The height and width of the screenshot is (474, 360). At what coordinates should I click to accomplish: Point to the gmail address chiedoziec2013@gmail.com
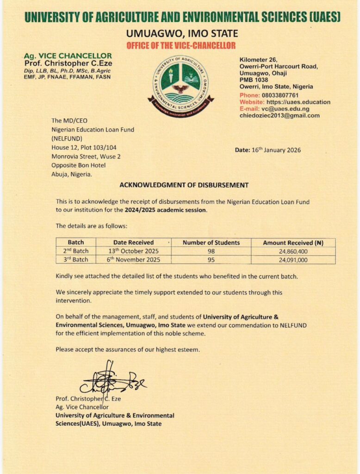pyautogui.click(x=279, y=116)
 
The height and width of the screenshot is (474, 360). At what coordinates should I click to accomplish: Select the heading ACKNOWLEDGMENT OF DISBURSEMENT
pyautogui.click(x=184, y=185)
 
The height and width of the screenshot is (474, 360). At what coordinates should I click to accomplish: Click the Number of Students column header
pyautogui.click(x=211, y=243)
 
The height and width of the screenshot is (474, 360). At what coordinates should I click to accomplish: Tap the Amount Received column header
pyautogui.click(x=293, y=243)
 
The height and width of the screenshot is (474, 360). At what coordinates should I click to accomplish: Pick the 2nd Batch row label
pyautogui.click(x=76, y=251)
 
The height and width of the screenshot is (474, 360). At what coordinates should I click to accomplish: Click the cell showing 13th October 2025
pyautogui.click(x=134, y=251)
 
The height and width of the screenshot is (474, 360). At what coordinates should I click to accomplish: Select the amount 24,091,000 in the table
pyautogui.click(x=293, y=260)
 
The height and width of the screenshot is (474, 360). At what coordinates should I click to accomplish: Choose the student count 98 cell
pyautogui.click(x=211, y=251)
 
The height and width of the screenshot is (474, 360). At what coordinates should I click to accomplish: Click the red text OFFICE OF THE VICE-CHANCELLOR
pyautogui.click(x=181, y=45)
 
